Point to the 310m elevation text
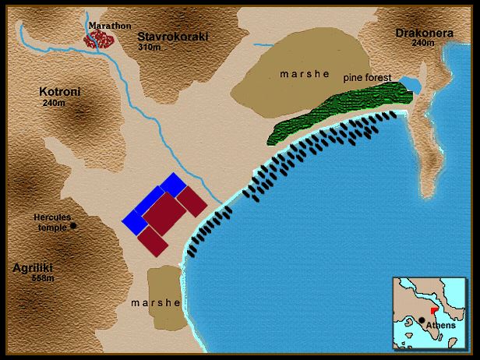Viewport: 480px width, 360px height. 150,47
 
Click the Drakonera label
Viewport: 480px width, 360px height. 420,34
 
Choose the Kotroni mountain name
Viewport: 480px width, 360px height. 60,92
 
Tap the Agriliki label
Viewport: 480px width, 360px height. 34,267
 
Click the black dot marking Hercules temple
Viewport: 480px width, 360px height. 73,226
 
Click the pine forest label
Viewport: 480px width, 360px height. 369,79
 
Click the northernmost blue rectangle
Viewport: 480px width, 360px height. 173,185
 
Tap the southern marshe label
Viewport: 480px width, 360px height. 156,303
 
